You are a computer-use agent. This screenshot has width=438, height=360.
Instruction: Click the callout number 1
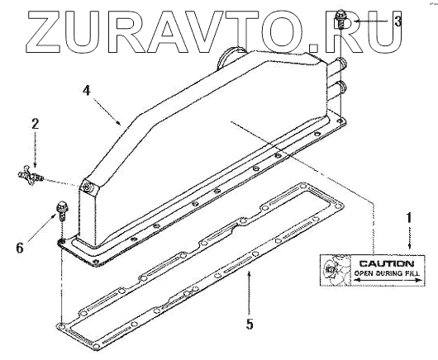click(409, 218)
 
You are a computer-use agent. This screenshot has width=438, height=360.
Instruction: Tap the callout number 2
click(35, 124)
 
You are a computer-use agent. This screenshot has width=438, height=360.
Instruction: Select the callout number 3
click(398, 21)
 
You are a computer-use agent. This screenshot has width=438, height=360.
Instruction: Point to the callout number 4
click(87, 90)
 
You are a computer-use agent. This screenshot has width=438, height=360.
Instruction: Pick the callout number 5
click(250, 324)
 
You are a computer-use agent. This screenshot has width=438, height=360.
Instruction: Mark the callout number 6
click(20, 248)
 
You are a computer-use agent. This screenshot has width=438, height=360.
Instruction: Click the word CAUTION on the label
click(387, 263)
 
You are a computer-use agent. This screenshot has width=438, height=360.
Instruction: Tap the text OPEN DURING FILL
click(387, 273)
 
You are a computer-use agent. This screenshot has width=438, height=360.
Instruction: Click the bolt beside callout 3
click(340, 19)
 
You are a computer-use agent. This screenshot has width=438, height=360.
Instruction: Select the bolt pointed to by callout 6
click(61, 211)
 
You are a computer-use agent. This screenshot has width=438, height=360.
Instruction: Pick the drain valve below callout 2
click(29, 175)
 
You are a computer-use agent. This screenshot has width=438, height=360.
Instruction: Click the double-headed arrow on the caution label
click(387, 280)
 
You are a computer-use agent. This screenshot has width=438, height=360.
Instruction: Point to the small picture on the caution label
click(336, 270)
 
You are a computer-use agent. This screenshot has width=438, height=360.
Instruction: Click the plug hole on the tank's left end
click(88, 187)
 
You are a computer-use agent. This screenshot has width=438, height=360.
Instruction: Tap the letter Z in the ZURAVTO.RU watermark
click(44, 31)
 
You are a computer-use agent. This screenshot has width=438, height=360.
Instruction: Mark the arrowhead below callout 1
click(409, 246)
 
